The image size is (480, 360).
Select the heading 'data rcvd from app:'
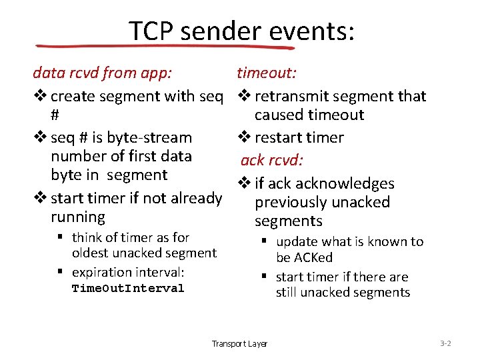[102, 73]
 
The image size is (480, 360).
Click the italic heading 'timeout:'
[267, 73]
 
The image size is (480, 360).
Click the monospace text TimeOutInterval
[128, 289]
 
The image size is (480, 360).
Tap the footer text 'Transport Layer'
[239, 344]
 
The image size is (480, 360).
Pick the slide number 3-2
[446, 343]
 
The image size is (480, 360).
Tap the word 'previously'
[288, 203]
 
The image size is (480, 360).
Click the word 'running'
[78, 217]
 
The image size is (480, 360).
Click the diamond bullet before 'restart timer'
[243, 138]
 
